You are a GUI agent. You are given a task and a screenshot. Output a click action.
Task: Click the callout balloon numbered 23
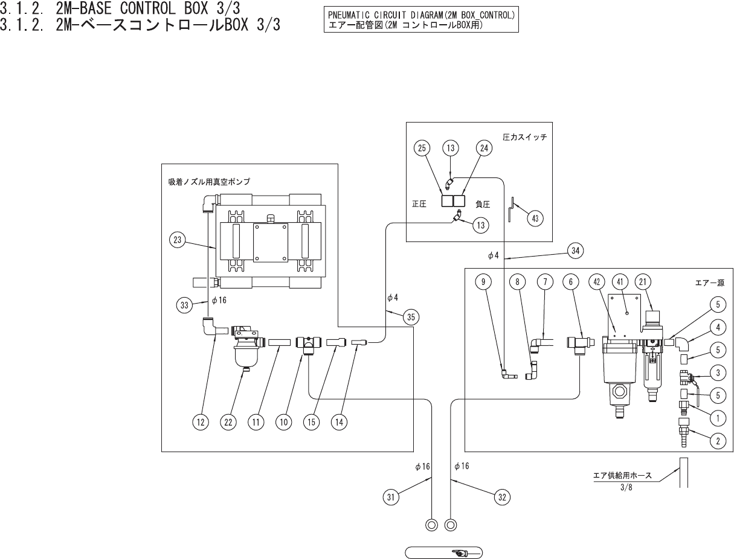tap(177, 240)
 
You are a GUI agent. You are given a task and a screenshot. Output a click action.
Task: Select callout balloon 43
tap(535, 218)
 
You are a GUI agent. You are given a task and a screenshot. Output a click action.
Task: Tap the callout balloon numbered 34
tap(575, 251)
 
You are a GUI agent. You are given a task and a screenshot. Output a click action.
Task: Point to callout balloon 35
tap(411, 317)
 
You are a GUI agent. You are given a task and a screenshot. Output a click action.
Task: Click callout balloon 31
tap(391, 497)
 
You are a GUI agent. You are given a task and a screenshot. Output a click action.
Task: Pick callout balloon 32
tap(502, 497)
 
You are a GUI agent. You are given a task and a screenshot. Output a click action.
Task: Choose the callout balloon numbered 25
tap(422, 148)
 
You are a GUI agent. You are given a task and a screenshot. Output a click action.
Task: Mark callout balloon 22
tap(228, 422)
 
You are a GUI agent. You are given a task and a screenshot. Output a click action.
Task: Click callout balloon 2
tap(718, 441)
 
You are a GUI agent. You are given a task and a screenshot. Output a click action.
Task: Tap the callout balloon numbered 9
tap(483, 282)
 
